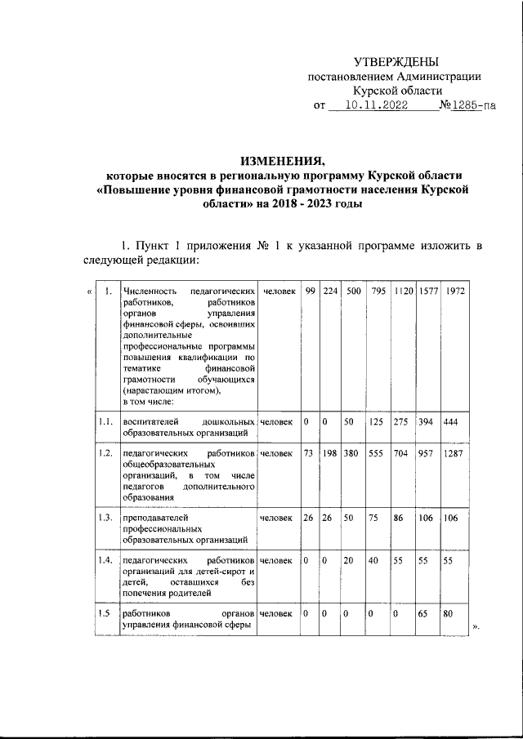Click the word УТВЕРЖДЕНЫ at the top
[396, 62]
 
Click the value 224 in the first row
[330, 292]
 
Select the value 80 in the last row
[448, 613]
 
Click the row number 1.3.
[104, 518]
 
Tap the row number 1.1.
[104, 421]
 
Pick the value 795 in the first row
[378, 292]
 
